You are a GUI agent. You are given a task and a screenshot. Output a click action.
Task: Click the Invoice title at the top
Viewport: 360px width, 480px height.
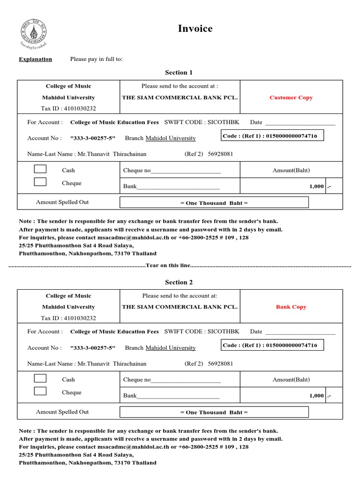(x=195, y=29)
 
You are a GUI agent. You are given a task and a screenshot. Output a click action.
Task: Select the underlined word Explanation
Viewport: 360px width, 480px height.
(x=35, y=59)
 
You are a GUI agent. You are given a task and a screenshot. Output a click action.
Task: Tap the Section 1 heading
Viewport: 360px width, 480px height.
(x=179, y=73)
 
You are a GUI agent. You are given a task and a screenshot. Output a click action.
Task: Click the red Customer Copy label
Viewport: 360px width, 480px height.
(x=291, y=97)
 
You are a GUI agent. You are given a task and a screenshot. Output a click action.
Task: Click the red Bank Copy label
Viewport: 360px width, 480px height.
(x=291, y=307)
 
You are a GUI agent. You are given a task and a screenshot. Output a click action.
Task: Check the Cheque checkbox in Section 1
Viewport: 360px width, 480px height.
(x=40, y=182)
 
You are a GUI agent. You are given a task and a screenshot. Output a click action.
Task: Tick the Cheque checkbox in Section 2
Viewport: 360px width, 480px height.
(x=40, y=391)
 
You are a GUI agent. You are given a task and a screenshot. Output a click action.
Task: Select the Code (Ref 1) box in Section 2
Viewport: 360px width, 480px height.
(x=272, y=345)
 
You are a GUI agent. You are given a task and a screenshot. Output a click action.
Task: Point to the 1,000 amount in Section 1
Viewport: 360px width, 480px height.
(x=316, y=186)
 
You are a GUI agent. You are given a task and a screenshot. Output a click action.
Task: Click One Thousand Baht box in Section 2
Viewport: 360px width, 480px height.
(x=214, y=412)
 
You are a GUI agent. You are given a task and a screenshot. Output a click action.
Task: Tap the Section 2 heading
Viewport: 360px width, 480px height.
(x=179, y=282)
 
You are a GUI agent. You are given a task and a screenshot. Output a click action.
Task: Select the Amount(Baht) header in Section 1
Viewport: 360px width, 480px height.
(x=291, y=170)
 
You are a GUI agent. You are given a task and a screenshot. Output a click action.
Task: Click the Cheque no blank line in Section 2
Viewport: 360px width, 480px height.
(x=186, y=380)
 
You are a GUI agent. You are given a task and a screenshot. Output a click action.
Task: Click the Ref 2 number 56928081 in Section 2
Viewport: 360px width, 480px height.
(x=220, y=363)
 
